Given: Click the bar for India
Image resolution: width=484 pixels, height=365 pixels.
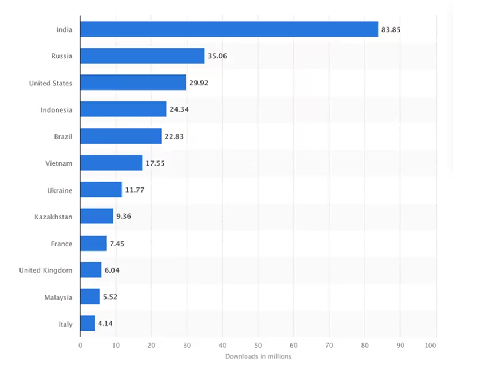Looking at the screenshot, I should point(229,29).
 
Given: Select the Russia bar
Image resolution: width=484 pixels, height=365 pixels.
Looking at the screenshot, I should point(142,56).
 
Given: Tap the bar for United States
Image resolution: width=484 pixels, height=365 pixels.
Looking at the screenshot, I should point(133,83).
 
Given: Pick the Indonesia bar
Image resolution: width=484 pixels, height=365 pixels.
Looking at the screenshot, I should point(123,109).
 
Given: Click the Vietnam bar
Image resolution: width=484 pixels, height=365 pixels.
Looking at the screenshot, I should point(111,163).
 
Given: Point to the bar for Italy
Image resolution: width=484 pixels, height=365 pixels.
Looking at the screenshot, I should point(87,324).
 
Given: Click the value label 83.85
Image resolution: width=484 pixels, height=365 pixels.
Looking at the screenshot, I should point(391,29).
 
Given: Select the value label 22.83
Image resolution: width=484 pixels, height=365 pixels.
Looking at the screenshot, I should point(174,136).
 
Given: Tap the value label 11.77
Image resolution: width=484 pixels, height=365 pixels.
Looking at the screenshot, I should point(134,190).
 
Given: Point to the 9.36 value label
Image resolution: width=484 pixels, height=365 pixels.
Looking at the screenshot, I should point(124,217).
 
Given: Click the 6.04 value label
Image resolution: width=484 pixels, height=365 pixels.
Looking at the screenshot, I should point(112,270).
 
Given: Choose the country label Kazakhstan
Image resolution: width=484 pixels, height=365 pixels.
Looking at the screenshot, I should point(53,217).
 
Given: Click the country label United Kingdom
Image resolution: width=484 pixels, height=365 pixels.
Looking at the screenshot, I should point(46,270).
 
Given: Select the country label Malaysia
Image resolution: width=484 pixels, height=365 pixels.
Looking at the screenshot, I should point(58,297).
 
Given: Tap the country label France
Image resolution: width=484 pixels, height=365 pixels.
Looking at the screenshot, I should point(61,244).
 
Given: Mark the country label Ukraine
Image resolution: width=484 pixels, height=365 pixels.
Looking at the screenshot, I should point(60,190).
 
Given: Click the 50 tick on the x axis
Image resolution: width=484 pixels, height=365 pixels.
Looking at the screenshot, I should point(258,346).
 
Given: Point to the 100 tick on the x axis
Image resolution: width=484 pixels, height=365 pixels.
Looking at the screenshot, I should point(431,346).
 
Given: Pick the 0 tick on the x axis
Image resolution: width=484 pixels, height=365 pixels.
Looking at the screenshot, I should point(80,346).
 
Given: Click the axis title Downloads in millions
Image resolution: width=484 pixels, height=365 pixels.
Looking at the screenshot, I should point(258,356).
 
